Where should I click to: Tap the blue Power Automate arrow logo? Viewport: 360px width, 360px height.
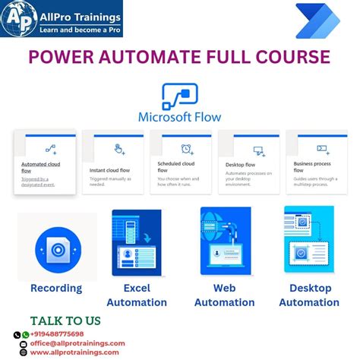pyautogui.click(x=317, y=21)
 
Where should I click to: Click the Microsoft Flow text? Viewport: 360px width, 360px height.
pyautogui.click(x=179, y=118)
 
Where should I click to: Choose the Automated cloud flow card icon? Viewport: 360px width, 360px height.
pyautogui.click(x=51, y=149)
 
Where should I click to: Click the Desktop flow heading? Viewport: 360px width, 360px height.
pyautogui.click(x=241, y=164)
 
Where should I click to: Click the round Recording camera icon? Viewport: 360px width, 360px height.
pyautogui.click(x=57, y=248)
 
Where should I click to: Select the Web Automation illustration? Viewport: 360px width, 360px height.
pyautogui.click(x=224, y=242)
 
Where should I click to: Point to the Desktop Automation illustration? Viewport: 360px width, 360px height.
pyautogui.click(x=309, y=242)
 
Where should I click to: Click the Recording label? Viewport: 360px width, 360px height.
pyautogui.click(x=56, y=288)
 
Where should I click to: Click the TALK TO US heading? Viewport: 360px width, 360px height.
pyautogui.click(x=67, y=321)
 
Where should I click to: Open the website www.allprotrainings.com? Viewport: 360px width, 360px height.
pyautogui.click(x=74, y=352)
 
